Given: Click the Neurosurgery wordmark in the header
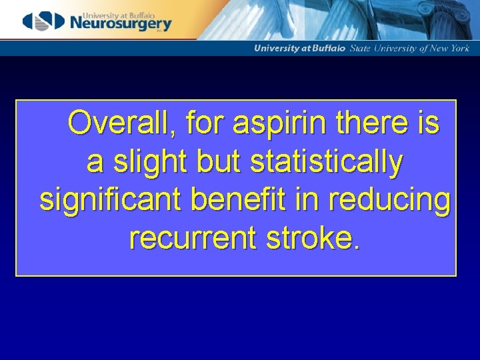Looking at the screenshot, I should [120, 24].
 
